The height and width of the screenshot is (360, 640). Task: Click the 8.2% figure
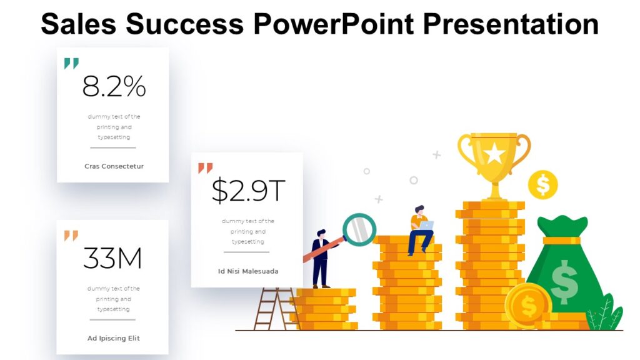pos(114,87)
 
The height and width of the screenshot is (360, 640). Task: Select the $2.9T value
pos(247,191)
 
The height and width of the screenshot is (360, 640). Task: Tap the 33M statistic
pos(112,258)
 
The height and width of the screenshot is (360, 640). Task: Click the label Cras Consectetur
pos(114,166)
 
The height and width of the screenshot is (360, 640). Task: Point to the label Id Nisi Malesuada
pos(248,271)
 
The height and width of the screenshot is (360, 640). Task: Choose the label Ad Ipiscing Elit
pos(114,338)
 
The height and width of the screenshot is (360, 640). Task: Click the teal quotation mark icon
pos(71,64)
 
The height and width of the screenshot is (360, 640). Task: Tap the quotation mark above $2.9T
pos(205,168)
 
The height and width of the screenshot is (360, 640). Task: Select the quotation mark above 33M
pos(71,236)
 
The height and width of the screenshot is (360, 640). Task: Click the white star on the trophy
pos(494,153)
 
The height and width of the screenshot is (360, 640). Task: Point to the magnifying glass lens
pos(359,229)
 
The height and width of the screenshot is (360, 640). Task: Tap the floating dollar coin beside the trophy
pos(542,184)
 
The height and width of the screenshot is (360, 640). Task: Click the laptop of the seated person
pos(426,225)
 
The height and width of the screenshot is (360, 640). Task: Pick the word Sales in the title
pos(79,24)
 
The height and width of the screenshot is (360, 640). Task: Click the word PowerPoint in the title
pos(334,24)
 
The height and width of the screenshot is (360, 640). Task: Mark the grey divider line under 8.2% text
pos(113,147)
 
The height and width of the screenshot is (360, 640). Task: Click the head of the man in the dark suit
pos(321,233)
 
